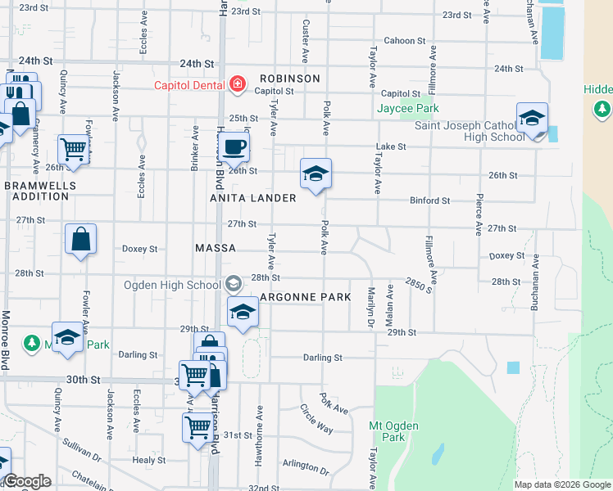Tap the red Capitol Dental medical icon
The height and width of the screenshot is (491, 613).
tap(238, 83)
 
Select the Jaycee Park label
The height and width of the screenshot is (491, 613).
tap(408, 109)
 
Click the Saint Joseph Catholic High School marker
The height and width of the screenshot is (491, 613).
tap(532, 119)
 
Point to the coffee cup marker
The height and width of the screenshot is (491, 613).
tap(235, 147)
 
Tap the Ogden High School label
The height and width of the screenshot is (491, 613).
tap(172, 285)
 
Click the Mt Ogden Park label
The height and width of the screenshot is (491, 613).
tap(393, 431)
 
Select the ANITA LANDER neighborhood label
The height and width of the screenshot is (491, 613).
tap(253, 198)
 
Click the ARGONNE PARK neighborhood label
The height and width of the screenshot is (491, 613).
tap(305, 297)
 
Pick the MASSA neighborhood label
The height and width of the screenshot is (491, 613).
tap(216, 248)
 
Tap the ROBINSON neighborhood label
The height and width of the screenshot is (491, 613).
tap(289, 79)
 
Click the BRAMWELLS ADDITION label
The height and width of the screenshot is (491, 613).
tap(39, 191)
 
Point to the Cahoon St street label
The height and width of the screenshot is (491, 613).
tap(406, 41)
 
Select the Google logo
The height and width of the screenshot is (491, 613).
tap(27, 482)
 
